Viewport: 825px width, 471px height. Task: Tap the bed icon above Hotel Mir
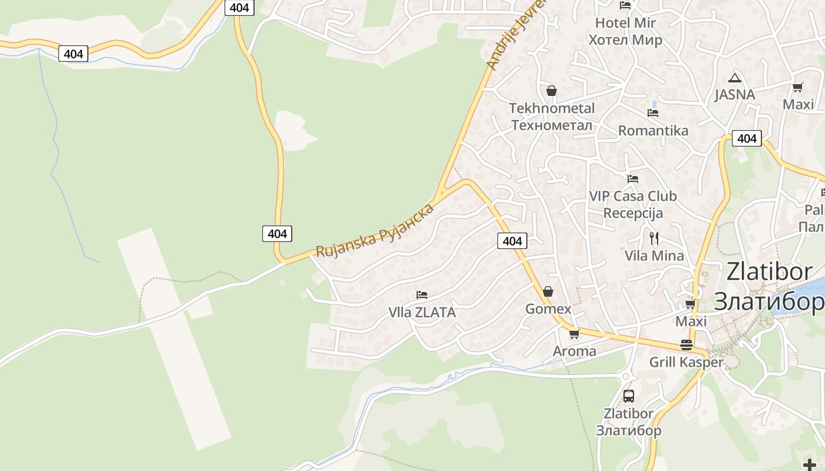[625, 5]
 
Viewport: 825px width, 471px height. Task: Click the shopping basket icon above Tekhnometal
[552, 91]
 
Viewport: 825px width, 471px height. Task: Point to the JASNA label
[734, 95]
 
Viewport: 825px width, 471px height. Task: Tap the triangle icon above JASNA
[734, 78]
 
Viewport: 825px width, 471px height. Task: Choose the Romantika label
[653, 131]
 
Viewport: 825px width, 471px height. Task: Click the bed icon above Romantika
[653, 112]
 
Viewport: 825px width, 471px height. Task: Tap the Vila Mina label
[654, 256]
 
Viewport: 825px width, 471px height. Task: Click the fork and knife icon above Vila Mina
[654, 238]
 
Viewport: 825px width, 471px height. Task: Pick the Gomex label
[548, 309]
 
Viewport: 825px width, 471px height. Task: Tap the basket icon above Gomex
[548, 291]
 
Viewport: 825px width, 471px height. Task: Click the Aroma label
[574, 351]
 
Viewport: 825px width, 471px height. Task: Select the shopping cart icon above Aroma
[574, 334]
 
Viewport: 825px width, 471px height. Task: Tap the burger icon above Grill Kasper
[686, 345]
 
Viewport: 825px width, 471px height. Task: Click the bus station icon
[629, 396]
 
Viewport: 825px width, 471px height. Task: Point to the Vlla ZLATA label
[422, 313]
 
